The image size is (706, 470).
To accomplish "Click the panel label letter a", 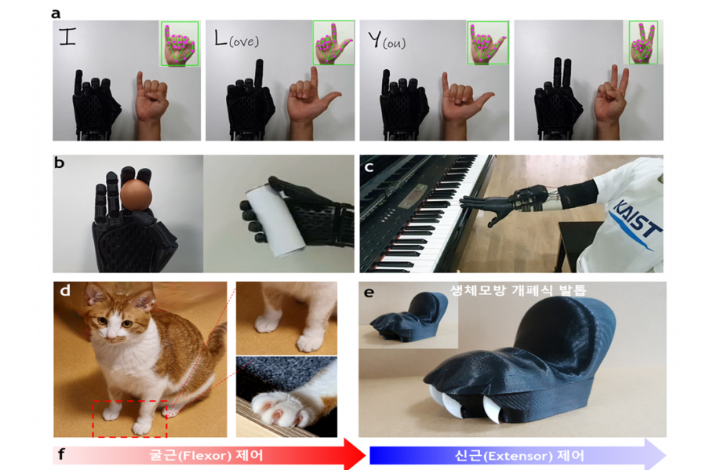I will [x=56, y=13].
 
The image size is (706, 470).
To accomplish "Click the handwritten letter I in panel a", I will [x=67, y=37].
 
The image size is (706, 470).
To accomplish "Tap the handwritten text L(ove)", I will [x=236, y=38].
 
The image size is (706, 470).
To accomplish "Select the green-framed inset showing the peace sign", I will [x=642, y=42].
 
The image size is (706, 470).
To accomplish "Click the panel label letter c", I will [x=369, y=166].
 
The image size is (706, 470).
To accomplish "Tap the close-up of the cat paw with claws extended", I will [x=286, y=396].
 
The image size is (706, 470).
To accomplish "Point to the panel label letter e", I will [x=369, y=293].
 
